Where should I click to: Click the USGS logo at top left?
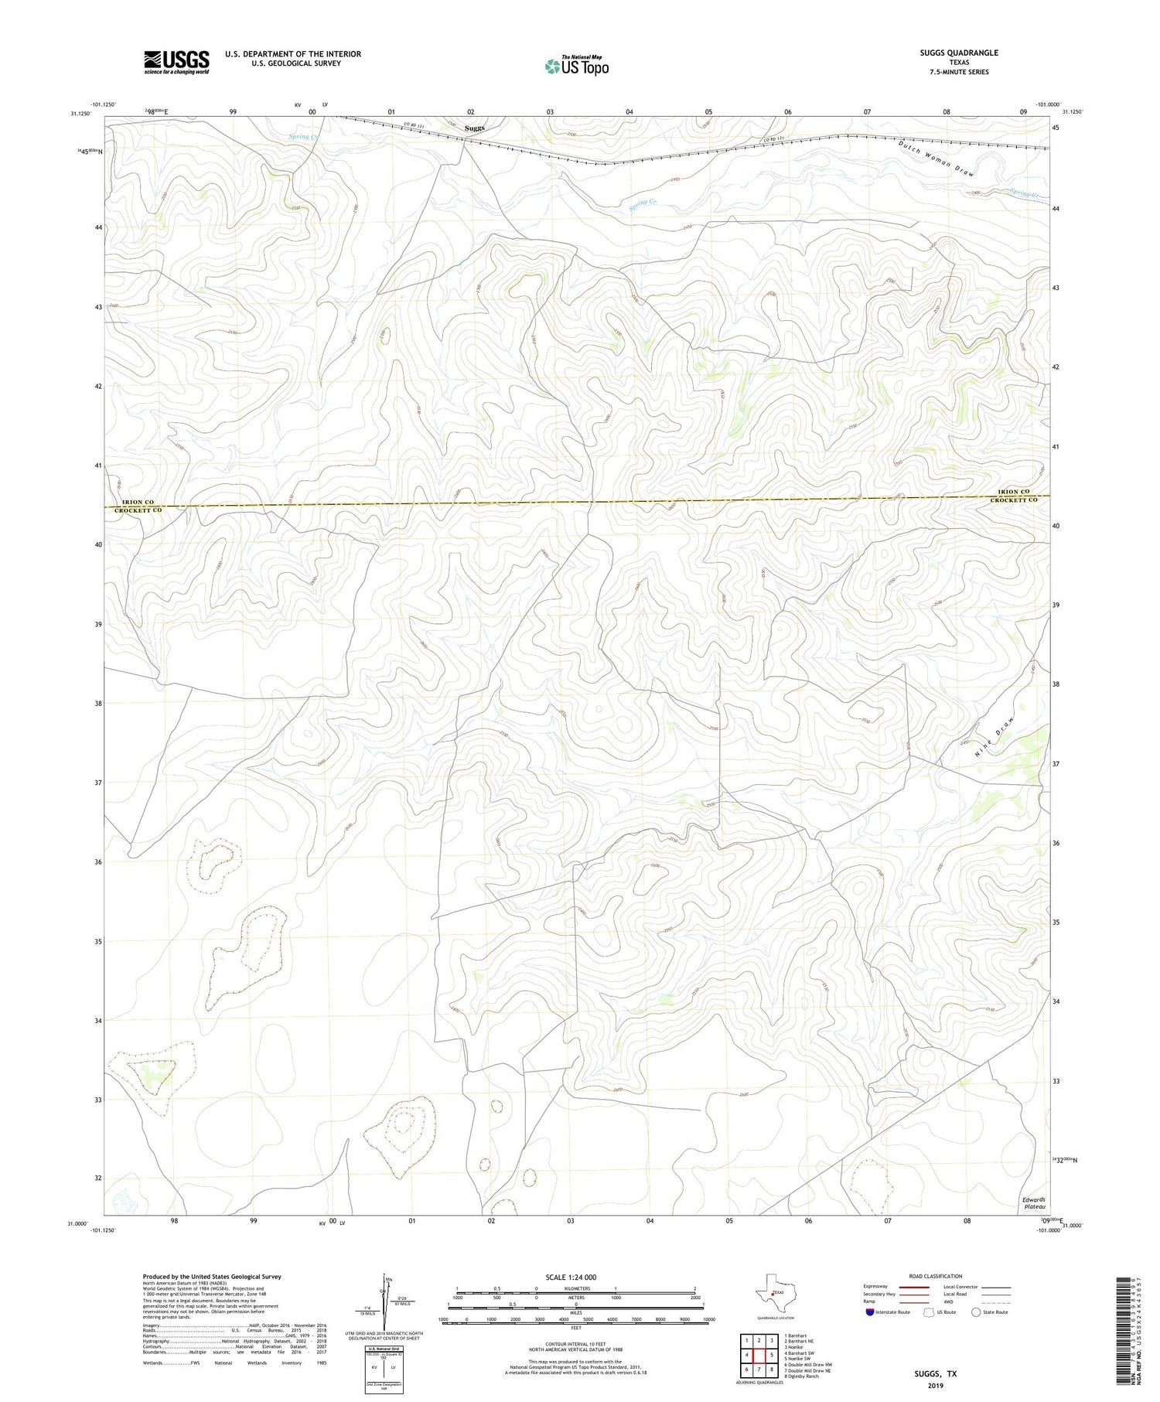pyautogui.click(x=176, y=62)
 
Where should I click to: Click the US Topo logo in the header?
pyautogui.click(x=576, y=67)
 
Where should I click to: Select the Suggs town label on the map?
pyautogui.click(x=475, y=128)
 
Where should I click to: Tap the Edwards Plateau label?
pyautogui.click(x=1034, y=1202)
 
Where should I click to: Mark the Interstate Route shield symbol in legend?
pyautogui.click(x=871, y=1312)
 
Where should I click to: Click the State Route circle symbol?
pyautogui.click(x=977, y=1312)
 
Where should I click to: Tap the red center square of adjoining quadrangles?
pyautogui.click(x=759, y=1355)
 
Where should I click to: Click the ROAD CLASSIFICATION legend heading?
pyautogui.click(x=935, y=1276)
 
